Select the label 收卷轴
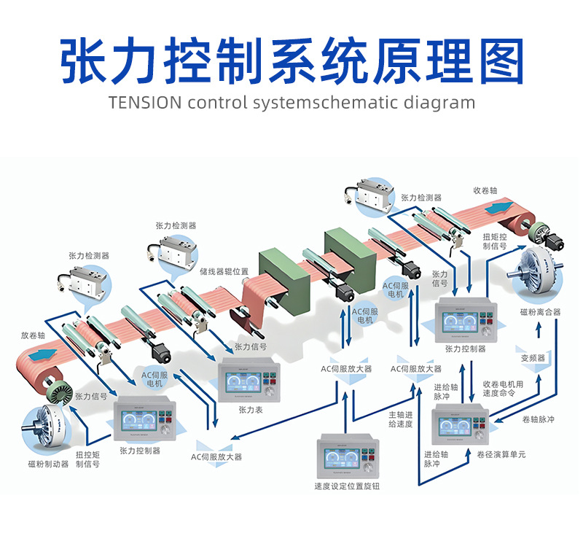485,190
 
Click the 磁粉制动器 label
48,464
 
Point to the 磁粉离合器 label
540,312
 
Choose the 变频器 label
533,358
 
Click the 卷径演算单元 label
501,454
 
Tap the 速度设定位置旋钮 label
347,486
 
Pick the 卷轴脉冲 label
539,420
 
